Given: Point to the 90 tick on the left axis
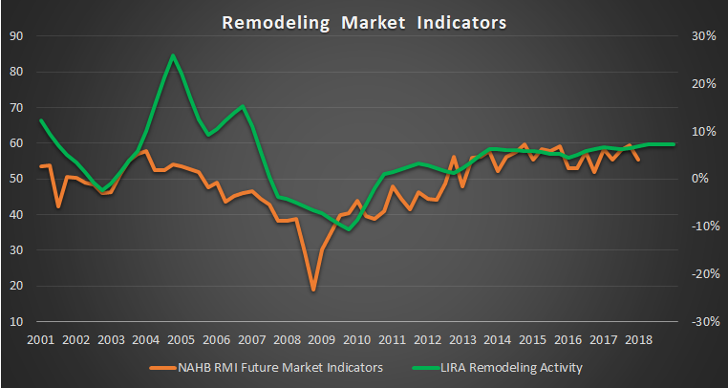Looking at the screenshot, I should pyautogui.click(x=16, y=36).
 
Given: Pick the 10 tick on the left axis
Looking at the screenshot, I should pyautogui.click(x=16, y=322).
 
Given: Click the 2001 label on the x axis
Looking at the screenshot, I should pyautogui.click(x=40, y=339).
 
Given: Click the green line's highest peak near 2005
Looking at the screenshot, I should pyautogui.click(x=173, y=55).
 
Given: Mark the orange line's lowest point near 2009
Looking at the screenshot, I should pyautogui.click(x=312, y=289).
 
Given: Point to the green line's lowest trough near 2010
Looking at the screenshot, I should pyautogui.click(x=349, y=229).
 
